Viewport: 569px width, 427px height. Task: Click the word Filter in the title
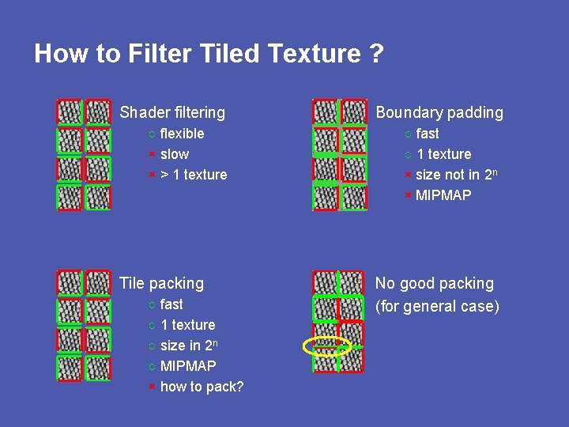pyautogui.click(x=153, y=54)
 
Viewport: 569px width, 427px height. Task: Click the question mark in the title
pyautogui.click(x=375, y=54)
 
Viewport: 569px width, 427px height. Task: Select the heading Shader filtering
pyautogui.click(x=172, y=112)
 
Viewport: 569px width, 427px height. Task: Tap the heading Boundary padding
pyautogui.click(x=439, y=112)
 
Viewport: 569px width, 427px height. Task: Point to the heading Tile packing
pyautogui.click(x=161, y=283)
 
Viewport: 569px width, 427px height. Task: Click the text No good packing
pyautogui.click(x=434, y=283)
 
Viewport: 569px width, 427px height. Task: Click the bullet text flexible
pyautogui.click(x=182, y=134)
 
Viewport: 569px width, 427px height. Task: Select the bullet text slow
pyautogui.click(x=175, y=154)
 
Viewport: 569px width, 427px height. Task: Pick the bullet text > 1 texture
pyautogui.click(x=194, y=175)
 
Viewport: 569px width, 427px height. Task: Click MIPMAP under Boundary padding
pyautogui.click(x=443, y=195)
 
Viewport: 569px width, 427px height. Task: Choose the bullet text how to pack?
pyautogui.click(x=202, y=387)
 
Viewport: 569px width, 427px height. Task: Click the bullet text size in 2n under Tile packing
pyautogui.click(x=189, y=346)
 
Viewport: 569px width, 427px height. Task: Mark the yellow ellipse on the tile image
pyautogui.click(x=327, y=346)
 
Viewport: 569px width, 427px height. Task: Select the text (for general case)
pyautogui.click(x=437, y=306)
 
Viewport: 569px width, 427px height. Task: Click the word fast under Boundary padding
pyautogui.click(x=428, y=134)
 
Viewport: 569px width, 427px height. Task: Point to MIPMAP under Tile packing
pyautogui.click(x=188, y=366)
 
